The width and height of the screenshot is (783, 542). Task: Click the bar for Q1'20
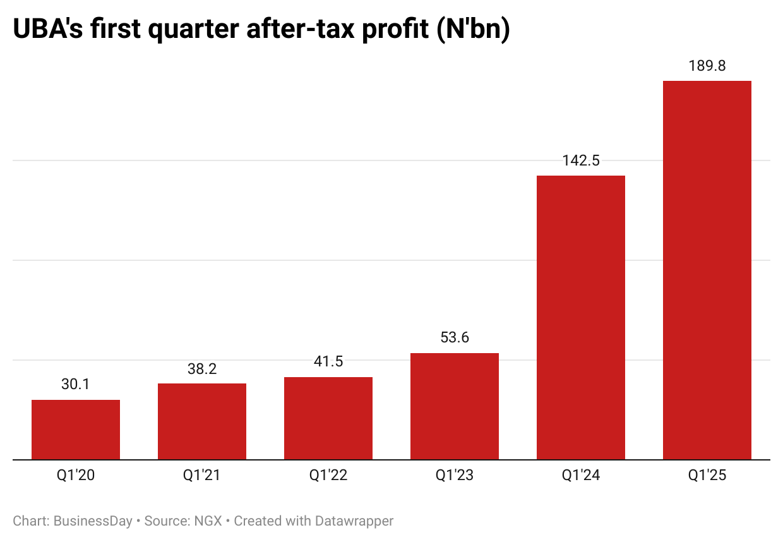point(76,430)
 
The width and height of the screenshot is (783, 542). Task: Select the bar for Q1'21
point(202,421)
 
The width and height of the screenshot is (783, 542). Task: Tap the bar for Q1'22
point(328,418)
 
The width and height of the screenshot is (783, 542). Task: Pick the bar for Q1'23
point(455,406)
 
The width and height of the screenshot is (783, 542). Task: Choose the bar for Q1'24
point(581,317)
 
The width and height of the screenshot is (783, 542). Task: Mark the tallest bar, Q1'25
point(707,270)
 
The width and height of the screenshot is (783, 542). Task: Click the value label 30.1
point(76,384)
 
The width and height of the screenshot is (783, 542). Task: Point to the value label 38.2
point(202,369)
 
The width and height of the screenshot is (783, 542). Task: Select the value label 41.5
point(328,362)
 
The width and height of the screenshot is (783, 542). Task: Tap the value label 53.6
point(455,338)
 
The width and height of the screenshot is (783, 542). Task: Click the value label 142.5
point(581,160)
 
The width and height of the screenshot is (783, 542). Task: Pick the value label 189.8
point(707,66)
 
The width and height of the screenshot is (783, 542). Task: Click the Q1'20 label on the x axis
point(76,475)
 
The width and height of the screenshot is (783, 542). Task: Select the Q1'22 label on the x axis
point(328,475)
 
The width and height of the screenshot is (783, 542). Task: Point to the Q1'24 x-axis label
point(581,475)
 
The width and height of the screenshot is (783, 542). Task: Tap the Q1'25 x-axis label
point(707,475)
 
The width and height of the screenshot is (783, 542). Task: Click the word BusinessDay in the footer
point(93,521)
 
